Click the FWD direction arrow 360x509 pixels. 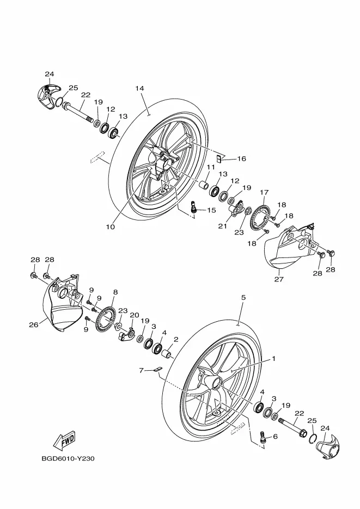pyautogui.click(x=65, y=441)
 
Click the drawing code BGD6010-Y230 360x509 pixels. pyautogui.click(x=68, y=459)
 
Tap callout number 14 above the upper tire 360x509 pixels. pyautogui.click(x=139, y=88)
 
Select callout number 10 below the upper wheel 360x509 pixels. pyautogui.click(x=111, y=227)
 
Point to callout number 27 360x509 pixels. pyautogui.click(x=279, y=279)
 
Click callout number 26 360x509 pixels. pyautogui.click(x=34, y=324)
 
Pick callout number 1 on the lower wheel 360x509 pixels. pyautogui.click(x=273, y=359)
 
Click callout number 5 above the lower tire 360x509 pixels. pyautogui.click(x=243, y=297)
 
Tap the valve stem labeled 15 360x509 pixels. pyautogui.click(x=193, y=207)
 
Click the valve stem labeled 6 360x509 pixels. pyautogui.click(x=263, y=437)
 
